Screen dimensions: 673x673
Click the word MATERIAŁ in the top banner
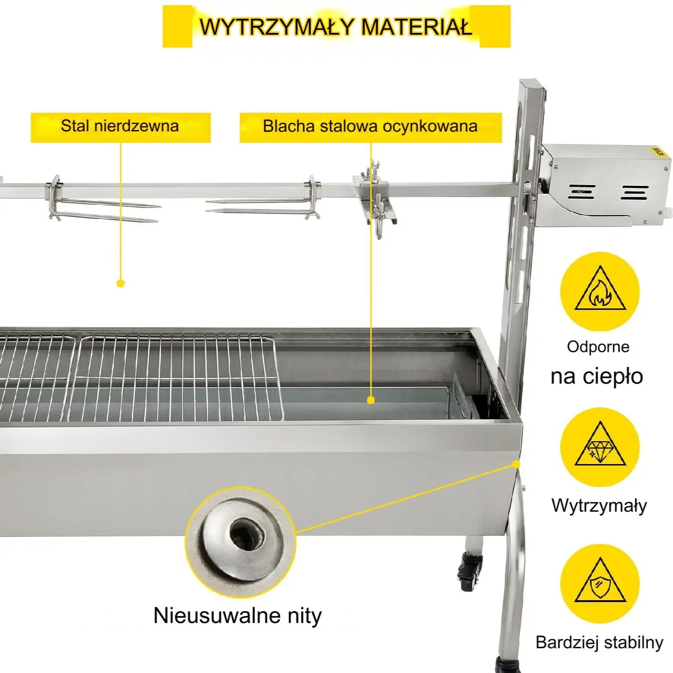tap(417, 27)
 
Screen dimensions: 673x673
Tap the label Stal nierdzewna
tap(120, 126)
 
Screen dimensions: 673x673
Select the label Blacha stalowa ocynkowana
tap(370, 126)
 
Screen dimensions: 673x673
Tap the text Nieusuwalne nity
tap(238, 616)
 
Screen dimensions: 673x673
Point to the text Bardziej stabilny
tap(599, 642)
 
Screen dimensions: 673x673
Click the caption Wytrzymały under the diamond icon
tap(599, 505)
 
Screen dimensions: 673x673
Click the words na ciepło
tap(596, 377)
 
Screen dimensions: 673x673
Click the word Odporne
tap(598, 346)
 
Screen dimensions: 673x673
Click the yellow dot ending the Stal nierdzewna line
tap(121, 283)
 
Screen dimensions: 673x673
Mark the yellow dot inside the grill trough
tap(371, 400)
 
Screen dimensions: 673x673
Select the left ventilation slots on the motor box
tap(582, 192)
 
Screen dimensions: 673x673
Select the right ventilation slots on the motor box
tap(634, 192)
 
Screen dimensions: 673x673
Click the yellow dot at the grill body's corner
tap(516, 464)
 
